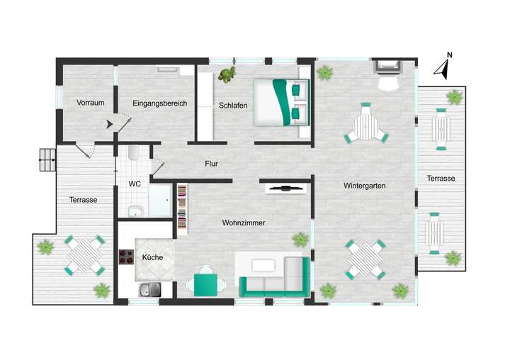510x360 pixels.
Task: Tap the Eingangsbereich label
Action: point(159,103)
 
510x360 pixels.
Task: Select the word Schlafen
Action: point(233,106)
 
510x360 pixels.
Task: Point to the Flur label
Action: point(211,164)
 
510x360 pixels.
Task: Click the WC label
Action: point(135,184)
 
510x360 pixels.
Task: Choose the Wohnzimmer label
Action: point(244,223)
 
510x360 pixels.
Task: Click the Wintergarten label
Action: point(364,186)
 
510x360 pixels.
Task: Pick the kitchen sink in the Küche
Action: point(149,288)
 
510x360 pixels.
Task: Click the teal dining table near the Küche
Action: point(206,284)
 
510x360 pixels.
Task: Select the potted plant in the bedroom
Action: point(227,74)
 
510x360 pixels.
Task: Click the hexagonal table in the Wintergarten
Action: point(366,125)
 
